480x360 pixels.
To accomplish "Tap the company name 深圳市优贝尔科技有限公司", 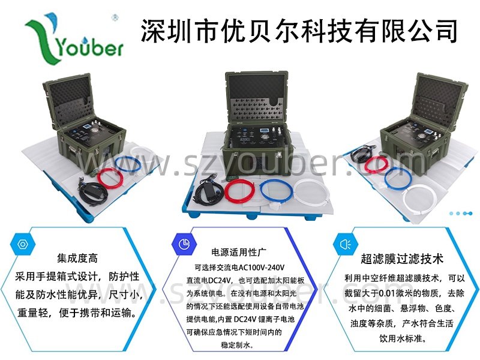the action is [299, 31].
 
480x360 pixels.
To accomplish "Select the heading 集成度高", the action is [77, 258].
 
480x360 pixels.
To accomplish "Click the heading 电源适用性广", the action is [238, 252].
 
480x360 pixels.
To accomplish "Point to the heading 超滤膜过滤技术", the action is [402, 259].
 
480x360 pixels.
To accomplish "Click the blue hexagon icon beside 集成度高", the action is [23, 244].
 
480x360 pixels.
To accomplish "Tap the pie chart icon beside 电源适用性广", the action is [184, 244].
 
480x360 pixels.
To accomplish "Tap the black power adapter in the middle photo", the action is [208, 192].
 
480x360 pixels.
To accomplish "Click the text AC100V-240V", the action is [262, 267].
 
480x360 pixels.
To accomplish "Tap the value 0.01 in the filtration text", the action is [387, 293].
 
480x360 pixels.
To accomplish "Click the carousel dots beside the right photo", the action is [461, 214].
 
